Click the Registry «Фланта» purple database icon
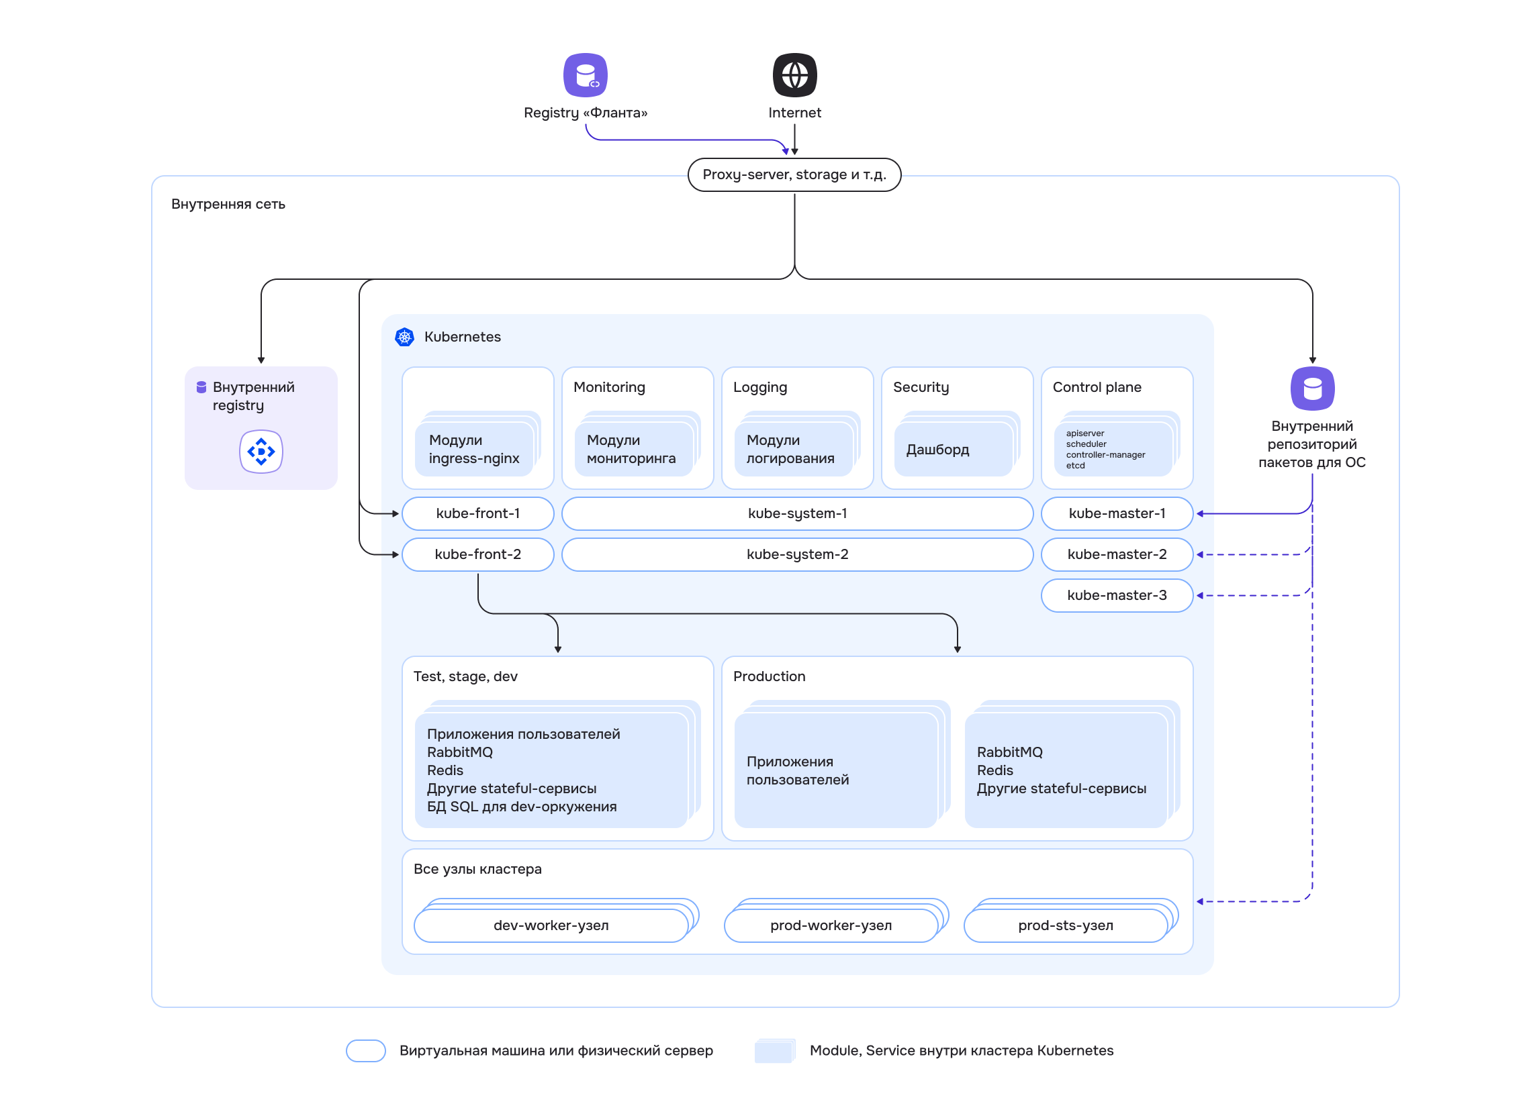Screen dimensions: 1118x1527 [585, 75]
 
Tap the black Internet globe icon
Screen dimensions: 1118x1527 [794, 75]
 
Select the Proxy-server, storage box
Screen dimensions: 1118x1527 [794, 174]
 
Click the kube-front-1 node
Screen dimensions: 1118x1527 [477, 513]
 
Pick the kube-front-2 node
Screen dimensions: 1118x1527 [477, 554]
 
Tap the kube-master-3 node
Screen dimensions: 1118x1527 [1116, 595]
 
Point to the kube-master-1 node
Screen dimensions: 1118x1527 [1116, 513]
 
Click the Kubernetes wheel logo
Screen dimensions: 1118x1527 [404, 337]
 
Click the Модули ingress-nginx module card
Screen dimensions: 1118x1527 [473, 450]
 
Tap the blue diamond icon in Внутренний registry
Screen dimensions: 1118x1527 [261, 452]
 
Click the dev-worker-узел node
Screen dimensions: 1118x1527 [551, 925]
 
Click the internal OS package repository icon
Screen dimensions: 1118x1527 [1311, 389]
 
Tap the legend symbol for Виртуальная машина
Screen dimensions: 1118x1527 [366, 1050]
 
